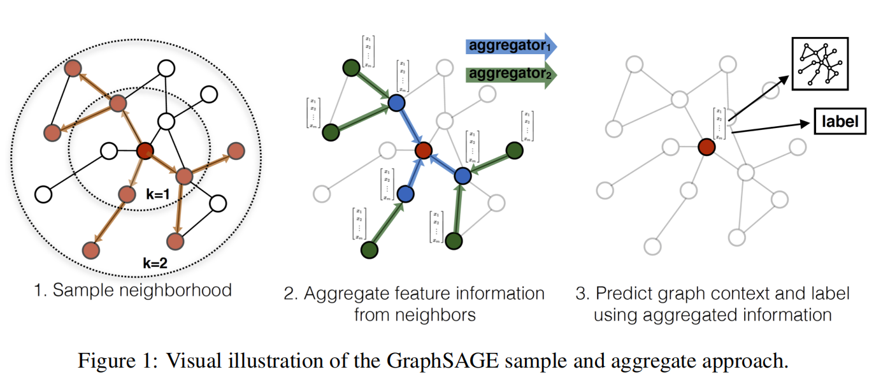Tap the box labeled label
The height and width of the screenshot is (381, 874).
pyautogui.click(x=840, y=122)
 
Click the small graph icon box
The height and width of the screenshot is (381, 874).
pyautogui.click(x=820, y=64)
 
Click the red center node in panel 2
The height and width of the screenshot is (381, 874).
pyautogui.click(x=424, y=151)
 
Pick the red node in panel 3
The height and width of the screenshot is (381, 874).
pyautogui.click(x=706, y=147)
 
